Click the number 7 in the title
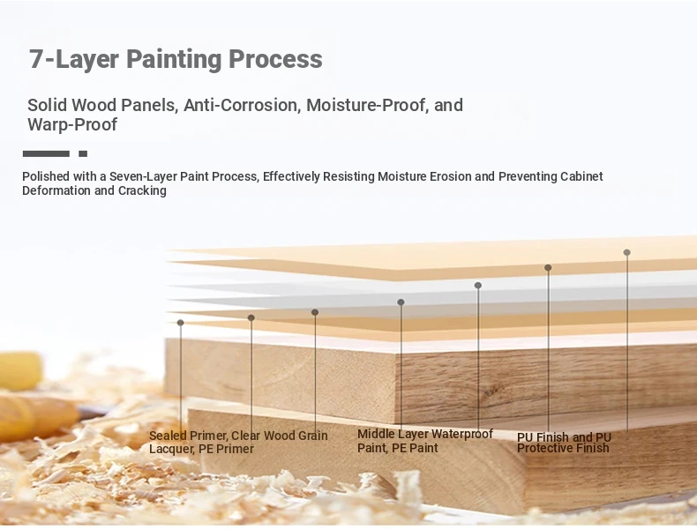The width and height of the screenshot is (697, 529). point(37,59)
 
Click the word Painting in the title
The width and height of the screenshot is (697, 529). point(174,60)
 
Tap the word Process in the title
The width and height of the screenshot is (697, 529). point(275,59)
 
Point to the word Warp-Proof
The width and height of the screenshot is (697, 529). point(72,125)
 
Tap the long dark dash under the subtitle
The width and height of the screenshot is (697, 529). point(46,153)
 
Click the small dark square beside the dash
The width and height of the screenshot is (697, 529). point(83,153)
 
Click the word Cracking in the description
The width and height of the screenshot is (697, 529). point(142,191)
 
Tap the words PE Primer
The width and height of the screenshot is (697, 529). point(226,449)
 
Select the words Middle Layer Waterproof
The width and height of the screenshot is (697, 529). point(425,434)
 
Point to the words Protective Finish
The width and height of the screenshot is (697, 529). point(563,448)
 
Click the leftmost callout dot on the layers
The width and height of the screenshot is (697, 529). point(181,323)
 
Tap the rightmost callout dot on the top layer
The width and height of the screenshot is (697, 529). point(626,252)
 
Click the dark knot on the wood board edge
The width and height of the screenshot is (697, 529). point(491,391)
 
